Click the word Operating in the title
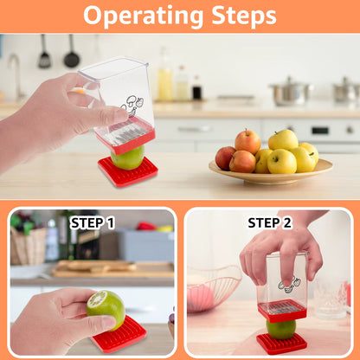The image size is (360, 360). [x=138, y=16]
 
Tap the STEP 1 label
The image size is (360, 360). [x=93, y=222]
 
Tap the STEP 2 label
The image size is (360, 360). [x=270, y=222]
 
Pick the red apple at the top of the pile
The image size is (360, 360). [x=247, y=140]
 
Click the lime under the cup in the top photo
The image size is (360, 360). [x=128, y=157]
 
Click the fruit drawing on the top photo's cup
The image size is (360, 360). [x=132, y=106]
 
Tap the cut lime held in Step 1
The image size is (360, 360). [x=106, y=308]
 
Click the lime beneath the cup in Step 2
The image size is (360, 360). [x=281, y=328]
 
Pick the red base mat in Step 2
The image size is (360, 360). [x=281, y=343]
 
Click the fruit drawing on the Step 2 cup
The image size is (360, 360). [x=290, y=283]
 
